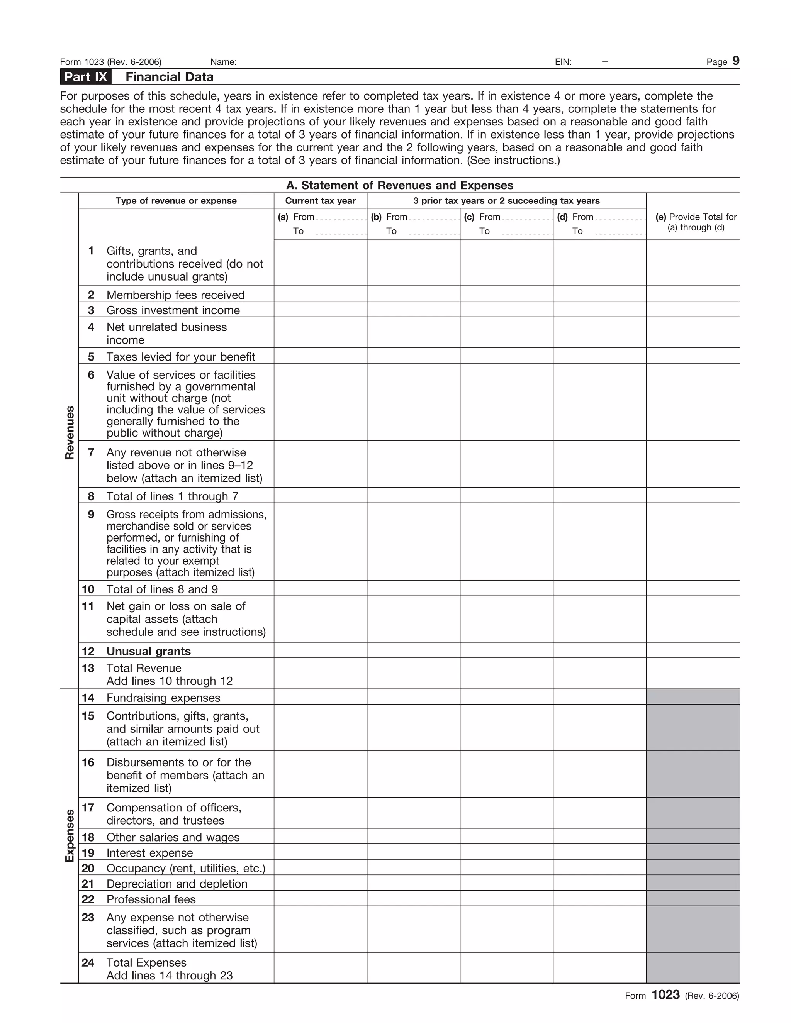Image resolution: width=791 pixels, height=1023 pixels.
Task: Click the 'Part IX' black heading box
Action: [x=86, y=77]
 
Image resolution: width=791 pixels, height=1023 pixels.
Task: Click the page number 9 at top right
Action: [x=736, y=61]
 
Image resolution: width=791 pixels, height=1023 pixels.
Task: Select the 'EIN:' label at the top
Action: [x=563, y=62]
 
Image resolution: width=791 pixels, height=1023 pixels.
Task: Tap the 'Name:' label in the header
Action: [x=223, y=62]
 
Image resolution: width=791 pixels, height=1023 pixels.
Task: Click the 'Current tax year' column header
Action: [x=320, y=200]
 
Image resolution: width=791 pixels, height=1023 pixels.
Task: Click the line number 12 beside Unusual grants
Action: [x=88, y=651]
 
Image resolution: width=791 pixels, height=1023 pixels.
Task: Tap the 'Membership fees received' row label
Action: [x=175, y=295]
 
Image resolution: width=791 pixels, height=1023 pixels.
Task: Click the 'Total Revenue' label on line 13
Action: [x=144, y=668]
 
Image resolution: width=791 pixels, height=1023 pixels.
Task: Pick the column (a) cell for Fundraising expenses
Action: [x=320, y=697]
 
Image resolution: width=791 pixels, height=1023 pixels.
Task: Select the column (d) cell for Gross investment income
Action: [x=599, y=309]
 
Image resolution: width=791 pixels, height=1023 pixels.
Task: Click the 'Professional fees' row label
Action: [x=151, y=899]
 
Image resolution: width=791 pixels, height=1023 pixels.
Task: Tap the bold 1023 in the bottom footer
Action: [x=665, y=1007]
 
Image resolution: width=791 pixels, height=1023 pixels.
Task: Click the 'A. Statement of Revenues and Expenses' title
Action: [x=399, y=185]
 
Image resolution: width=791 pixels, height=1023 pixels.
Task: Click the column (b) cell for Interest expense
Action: [x=413, y=852]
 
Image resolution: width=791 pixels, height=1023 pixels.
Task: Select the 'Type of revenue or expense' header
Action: [x=176, y=200]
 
